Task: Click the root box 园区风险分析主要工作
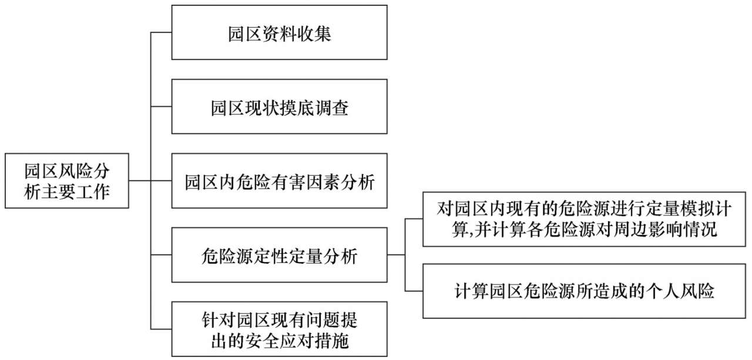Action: click(66, 181)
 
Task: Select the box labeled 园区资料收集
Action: click(279, 33)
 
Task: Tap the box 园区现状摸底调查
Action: click(279, 107)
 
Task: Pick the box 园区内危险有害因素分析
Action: click(279, 181)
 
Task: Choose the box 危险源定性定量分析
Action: click(279, 255)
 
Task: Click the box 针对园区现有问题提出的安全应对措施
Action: click(279, 329)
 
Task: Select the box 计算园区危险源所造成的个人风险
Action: click(584, 292)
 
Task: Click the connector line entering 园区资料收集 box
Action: click(161, 32)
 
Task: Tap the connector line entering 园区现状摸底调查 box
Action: click(161, 107)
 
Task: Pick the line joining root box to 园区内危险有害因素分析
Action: click(150, 181)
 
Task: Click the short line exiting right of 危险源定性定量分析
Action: click(396, 255)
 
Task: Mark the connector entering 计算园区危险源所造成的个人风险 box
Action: click(414, 292)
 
